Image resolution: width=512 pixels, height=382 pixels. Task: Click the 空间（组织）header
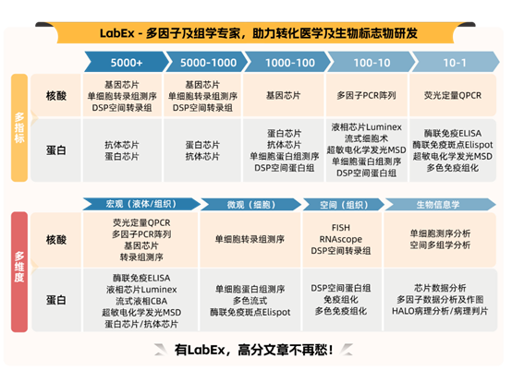pos(336,203)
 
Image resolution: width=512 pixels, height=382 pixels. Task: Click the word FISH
pos(340,227)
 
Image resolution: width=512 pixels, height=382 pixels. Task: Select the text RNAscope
pos(340,238)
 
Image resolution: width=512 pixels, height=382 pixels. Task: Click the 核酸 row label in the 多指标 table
pos(55,96)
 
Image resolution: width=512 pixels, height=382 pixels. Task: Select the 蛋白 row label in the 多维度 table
pos(55,299)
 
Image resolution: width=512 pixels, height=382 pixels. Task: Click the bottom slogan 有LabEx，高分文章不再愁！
pos(254,350)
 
